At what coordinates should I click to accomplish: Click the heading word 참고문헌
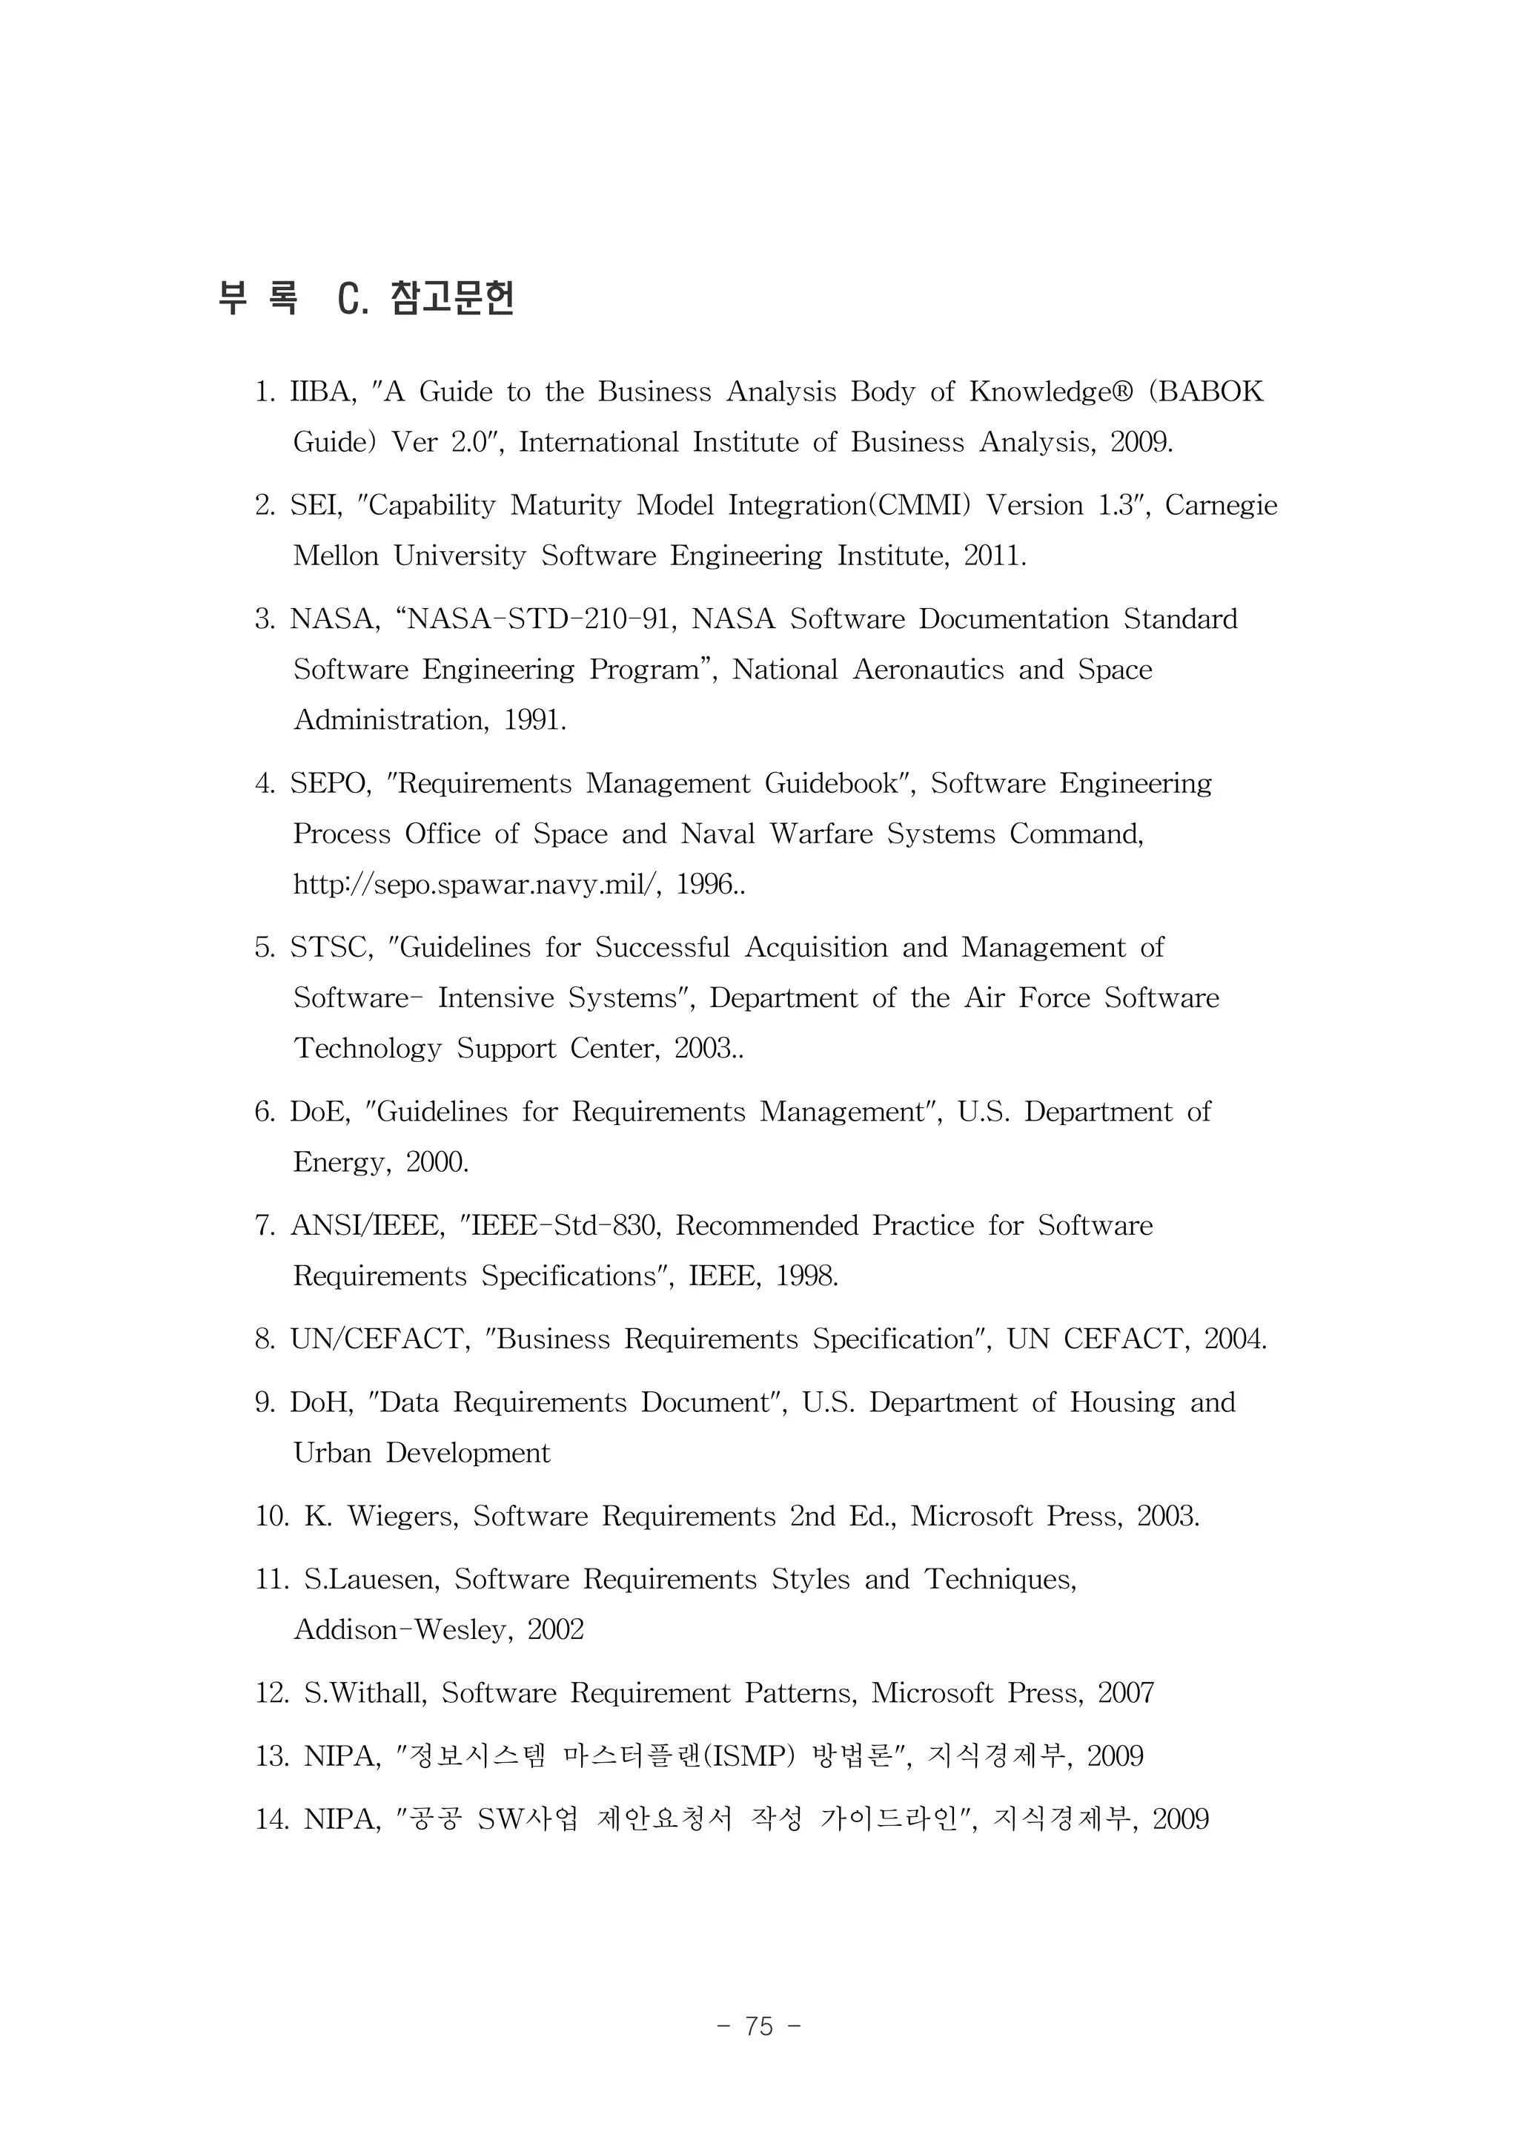[451, 298]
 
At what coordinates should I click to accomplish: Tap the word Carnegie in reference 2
[1220, 506]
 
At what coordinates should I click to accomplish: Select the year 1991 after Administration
[534, 720]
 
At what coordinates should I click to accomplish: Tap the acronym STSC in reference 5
[330, 949]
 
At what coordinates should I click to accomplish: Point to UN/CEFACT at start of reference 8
[379, 1339]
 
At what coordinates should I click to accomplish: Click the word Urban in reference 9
[332, 1453]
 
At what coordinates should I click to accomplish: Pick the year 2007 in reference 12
[1125, 1692]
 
